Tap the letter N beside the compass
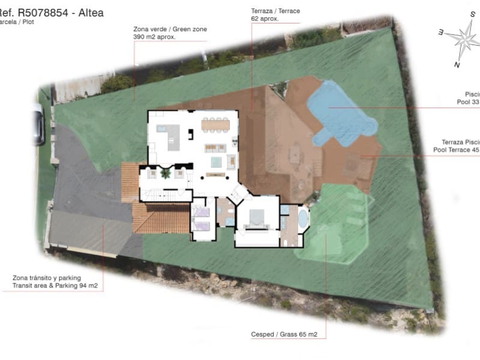coord(457,65)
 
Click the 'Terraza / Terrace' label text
coord(275,11)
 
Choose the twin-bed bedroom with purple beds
coord(202,220)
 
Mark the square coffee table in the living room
coord(215,162)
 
